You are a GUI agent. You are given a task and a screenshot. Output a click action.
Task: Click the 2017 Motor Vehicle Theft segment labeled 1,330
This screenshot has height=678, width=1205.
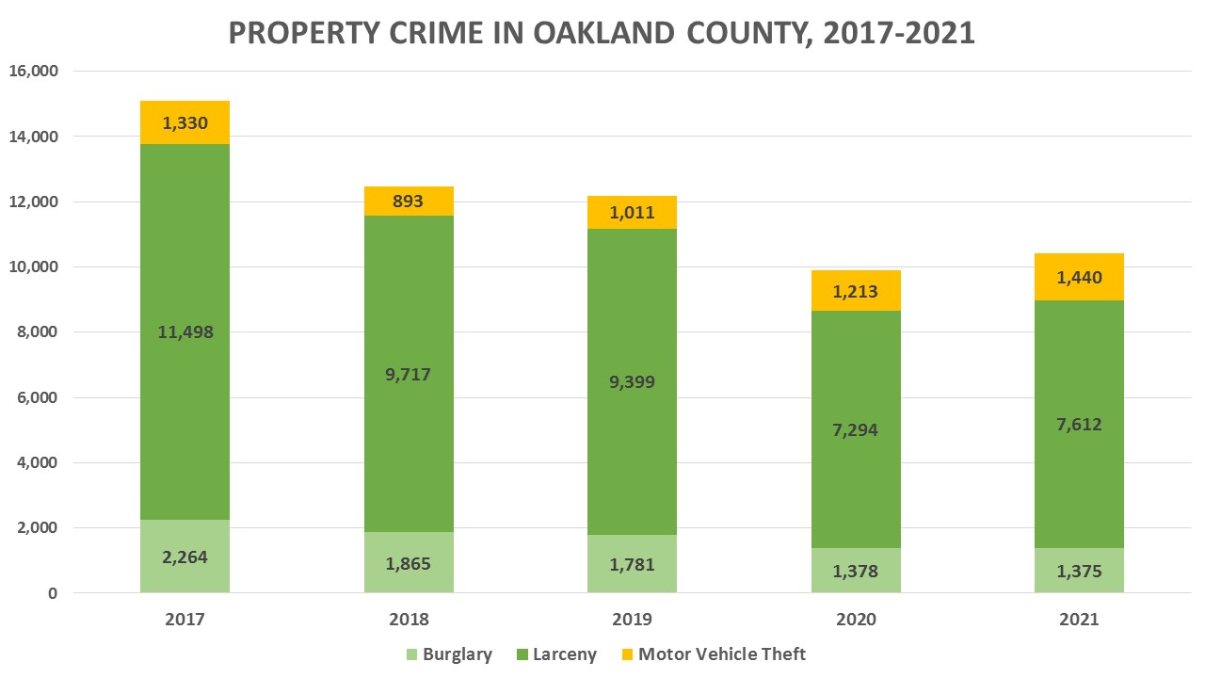[x=185, y=122]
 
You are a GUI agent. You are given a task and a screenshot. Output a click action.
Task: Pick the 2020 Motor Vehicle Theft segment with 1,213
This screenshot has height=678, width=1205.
[x=855, y=290]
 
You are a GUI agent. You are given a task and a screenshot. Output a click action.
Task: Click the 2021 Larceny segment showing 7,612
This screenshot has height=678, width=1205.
[x=1079, y=471]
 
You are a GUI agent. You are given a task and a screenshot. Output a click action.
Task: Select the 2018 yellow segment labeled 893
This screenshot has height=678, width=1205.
[x=409, y=202]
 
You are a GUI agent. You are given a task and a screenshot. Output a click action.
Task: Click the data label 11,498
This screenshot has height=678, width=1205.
[x=185, y=331]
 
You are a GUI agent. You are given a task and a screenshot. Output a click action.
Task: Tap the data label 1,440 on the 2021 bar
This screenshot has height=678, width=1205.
[x=1079, y=277]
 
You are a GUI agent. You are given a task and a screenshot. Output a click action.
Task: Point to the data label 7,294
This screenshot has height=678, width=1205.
[x=855, y=429]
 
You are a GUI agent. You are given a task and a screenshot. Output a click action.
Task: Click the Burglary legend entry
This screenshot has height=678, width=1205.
[x=448, y=654]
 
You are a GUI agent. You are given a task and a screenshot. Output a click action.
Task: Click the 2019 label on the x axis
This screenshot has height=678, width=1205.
[x=632, y=620]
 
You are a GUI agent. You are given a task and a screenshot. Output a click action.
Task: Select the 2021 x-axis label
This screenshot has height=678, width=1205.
[x=1079, y=620]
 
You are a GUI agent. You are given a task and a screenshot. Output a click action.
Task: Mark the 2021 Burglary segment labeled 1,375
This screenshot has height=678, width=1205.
[x=1079, y=570]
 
